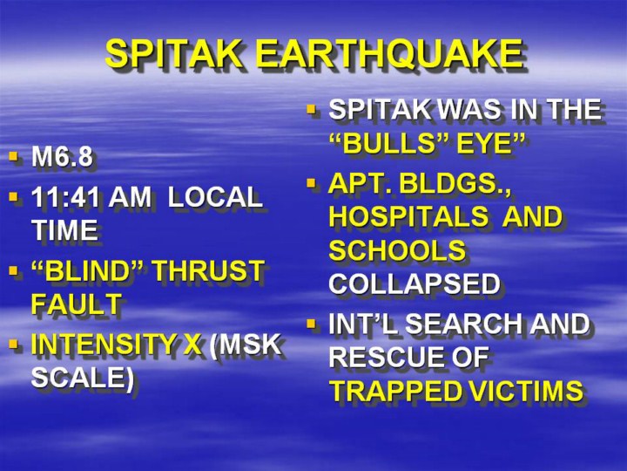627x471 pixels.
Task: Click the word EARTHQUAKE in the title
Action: [389, 54]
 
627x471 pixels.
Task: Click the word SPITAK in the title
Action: [174, 54]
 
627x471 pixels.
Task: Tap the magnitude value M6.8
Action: [62, 156]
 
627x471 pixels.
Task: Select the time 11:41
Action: [65, 197]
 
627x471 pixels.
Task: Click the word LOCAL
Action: [215, 197]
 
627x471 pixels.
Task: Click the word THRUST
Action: [209, 270]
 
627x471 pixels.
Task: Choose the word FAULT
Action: [77, 304]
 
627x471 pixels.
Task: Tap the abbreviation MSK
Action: [245, 344]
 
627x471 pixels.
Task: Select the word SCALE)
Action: [83, 378]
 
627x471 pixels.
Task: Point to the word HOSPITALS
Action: [408, 216]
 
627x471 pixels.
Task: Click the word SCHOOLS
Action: [397, 250]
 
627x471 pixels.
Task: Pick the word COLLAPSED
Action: [415, 283]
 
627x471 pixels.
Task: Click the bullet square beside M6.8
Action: [14, 155]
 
